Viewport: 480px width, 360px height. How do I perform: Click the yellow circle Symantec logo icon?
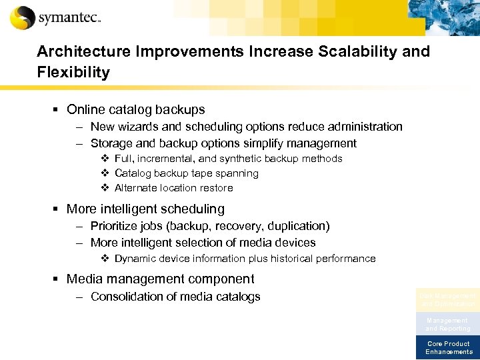(x=22, y=17)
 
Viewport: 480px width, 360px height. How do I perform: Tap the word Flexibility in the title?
(x=73, y=73)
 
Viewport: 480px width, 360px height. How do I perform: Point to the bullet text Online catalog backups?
(x=135, y=109)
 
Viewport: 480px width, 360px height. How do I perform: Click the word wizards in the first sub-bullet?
(x=137, y=127)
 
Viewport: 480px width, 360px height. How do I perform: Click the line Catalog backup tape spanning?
(x=186, y=173)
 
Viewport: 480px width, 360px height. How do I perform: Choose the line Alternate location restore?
(x=173, y=188)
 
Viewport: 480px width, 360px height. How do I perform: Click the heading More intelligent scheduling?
(x=145, y=209)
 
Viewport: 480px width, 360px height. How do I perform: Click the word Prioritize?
(x=115, y=227)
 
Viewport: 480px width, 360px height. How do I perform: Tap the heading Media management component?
(x=160, y=279)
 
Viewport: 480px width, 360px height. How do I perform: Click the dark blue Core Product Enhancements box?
(x=447, y=347)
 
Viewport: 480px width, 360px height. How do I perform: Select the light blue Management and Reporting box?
(x=447, y=324)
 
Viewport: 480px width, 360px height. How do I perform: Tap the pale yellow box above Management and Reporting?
(x=447, y=299)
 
